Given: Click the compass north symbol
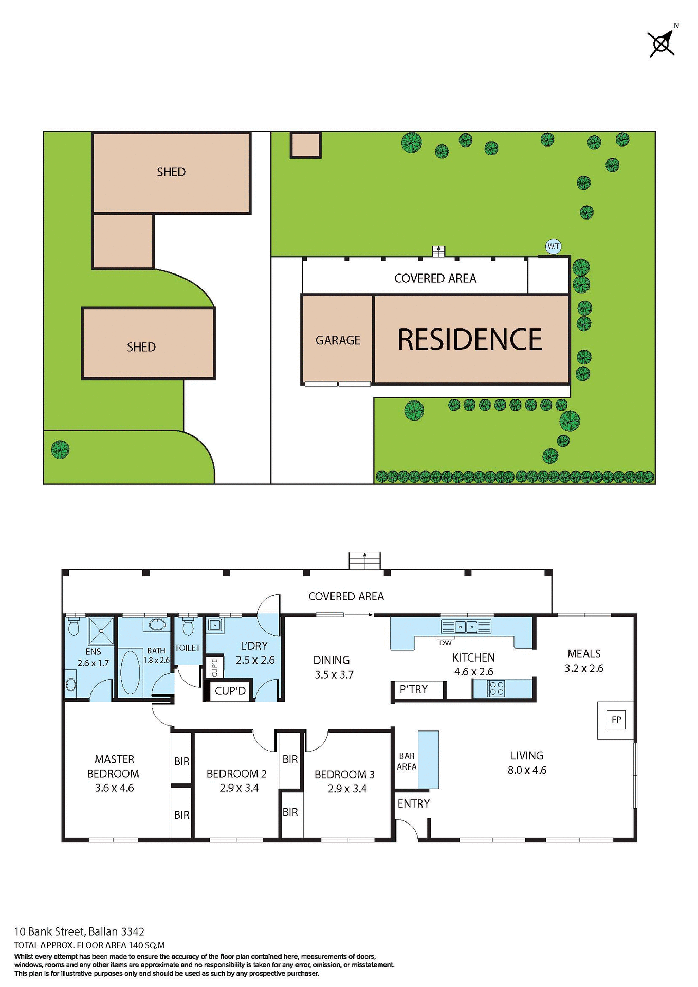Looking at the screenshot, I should coord(662,43).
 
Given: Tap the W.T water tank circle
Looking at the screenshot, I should coord(553,246).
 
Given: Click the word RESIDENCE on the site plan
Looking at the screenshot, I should coord(469,340).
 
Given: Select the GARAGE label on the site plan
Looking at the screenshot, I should coord(338,340).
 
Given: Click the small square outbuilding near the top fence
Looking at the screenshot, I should coord(305,144).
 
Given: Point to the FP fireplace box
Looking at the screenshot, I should coord(616,720).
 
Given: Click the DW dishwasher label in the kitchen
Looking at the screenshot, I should coord(445,643).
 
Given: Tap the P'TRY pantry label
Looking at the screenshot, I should coord(414,689).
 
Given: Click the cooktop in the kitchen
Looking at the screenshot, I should coord(497,688).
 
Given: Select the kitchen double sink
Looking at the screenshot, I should coord(466,627).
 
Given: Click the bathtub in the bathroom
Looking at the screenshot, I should coord(130,673).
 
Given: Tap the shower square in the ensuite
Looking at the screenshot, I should coord(101,631).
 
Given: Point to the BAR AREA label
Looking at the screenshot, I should coord(407,761).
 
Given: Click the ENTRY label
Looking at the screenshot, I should coord(413,803).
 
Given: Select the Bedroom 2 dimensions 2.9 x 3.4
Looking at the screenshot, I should coord(239,788).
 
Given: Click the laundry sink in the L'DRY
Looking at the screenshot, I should coord(215,625).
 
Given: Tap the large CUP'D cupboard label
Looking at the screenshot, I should coord(230,691).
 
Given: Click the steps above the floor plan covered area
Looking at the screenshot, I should coord(364,560).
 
